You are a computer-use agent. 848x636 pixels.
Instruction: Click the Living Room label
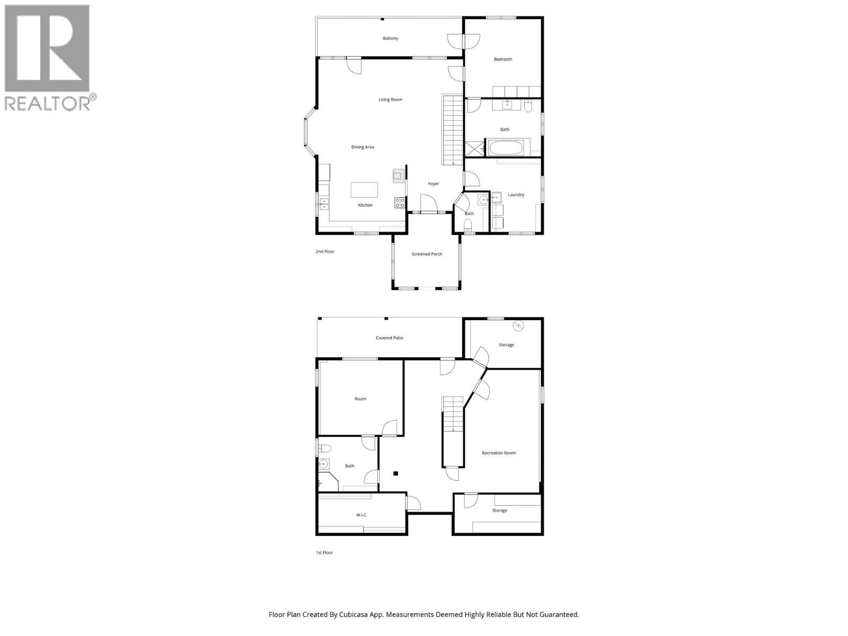390,100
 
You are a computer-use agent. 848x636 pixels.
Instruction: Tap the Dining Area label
363,147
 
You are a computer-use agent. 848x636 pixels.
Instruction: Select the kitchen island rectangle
364,190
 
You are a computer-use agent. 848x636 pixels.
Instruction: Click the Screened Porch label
427,254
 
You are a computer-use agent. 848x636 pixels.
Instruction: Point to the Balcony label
391,39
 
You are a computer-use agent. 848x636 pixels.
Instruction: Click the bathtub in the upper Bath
508,147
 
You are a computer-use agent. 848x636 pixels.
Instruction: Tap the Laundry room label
516,195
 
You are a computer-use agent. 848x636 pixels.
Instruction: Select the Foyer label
434,184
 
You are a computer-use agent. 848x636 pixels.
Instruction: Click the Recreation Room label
498,453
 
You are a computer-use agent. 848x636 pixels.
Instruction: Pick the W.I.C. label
361,515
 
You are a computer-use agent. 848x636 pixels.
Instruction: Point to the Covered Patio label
390,338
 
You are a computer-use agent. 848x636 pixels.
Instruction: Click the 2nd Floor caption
325,252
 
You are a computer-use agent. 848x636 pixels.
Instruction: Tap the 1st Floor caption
324,553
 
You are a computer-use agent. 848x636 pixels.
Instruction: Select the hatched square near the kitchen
398,176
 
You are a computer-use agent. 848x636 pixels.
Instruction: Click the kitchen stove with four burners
400,202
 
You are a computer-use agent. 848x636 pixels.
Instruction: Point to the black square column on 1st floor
395,473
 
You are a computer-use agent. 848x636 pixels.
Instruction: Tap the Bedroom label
503,59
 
